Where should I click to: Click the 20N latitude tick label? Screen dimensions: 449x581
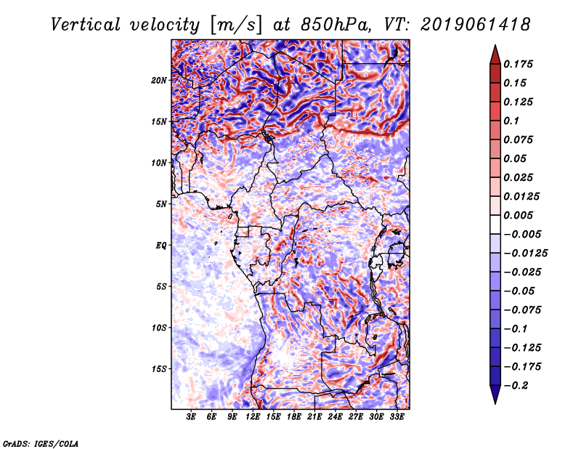click(159, 80)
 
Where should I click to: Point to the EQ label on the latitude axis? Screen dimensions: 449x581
click(161, 245)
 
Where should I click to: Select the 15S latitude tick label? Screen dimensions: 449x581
click(159, 368)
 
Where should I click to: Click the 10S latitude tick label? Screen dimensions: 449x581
click(159, 328)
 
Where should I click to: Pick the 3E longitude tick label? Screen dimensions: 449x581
click(192, 417)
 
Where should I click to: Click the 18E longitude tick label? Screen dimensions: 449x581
click(294, 417)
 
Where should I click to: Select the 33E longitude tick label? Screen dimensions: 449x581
click(397, 417)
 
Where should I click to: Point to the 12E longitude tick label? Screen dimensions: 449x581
click(253, 417)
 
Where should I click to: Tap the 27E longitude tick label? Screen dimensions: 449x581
click(356, 417)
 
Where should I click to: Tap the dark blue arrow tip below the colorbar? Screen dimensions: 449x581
click(494, 399)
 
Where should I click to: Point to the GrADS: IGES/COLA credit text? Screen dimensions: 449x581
click(41, 442)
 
